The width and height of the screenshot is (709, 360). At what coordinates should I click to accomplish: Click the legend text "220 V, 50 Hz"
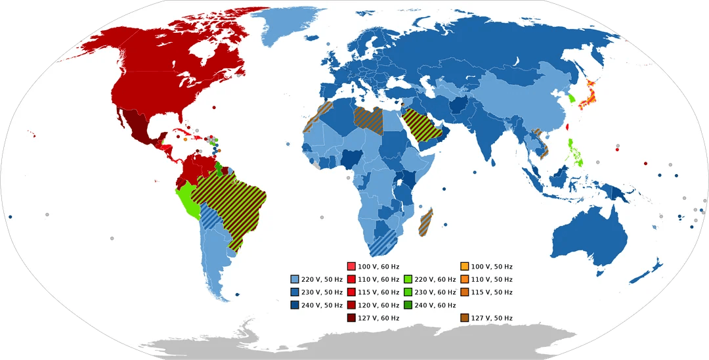321,279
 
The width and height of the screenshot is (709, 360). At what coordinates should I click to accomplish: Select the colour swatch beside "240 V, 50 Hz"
295,305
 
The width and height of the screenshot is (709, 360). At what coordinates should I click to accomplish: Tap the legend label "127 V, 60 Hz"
378,318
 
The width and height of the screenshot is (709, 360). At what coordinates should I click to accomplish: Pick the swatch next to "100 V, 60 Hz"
351,267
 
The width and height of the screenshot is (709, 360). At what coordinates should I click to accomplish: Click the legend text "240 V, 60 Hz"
436,305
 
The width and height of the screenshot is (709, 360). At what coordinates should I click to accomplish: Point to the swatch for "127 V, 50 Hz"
465,318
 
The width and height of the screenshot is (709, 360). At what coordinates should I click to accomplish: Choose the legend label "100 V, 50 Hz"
492,267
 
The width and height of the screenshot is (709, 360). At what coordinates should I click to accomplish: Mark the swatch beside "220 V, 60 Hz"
408,279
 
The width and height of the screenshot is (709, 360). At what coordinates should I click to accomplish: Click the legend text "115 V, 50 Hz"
492,292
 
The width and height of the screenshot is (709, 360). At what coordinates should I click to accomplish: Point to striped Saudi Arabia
421,125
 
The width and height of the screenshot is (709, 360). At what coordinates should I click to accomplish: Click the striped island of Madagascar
426,221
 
